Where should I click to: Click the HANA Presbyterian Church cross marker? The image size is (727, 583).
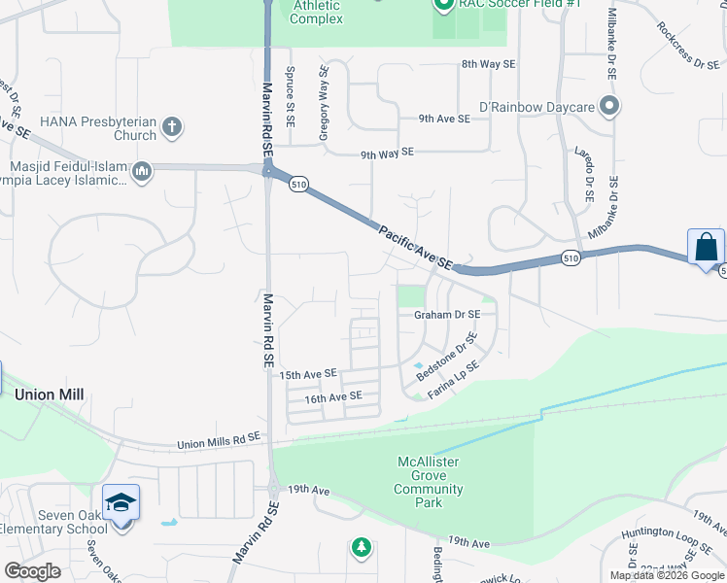point(171,126)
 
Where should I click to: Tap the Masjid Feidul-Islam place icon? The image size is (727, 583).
point(142,173)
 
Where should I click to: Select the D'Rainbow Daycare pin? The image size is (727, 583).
point(609,105)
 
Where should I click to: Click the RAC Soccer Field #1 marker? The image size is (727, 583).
point(443,5)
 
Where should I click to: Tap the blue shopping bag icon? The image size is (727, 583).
point(705,246)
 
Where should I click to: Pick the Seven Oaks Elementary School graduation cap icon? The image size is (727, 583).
point(121,503)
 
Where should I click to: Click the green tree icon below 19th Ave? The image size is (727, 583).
point(362,548)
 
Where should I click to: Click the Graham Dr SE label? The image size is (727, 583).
point(447,315)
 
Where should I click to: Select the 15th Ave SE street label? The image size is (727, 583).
point(307,374)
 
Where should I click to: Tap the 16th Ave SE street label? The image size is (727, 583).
point(333,396)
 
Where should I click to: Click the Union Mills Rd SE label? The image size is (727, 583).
point(220,442)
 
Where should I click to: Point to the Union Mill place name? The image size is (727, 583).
point(50,394)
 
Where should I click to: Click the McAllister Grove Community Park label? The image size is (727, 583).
point(429,482)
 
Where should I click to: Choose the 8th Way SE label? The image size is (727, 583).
point(488,64)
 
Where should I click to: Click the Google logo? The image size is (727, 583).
point(33,570)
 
